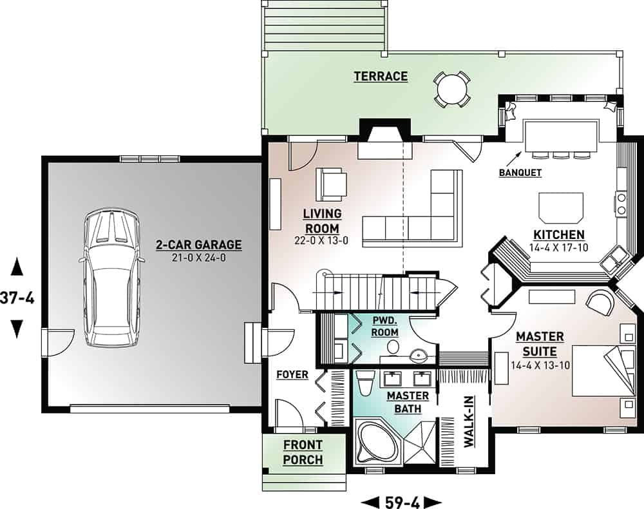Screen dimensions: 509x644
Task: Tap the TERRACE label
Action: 381,77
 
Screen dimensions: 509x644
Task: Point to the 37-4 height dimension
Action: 17,298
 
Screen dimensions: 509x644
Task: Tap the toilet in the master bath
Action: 364,385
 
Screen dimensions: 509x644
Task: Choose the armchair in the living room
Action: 330,184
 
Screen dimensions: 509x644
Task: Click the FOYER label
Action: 292,374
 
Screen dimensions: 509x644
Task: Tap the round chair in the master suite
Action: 600,303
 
